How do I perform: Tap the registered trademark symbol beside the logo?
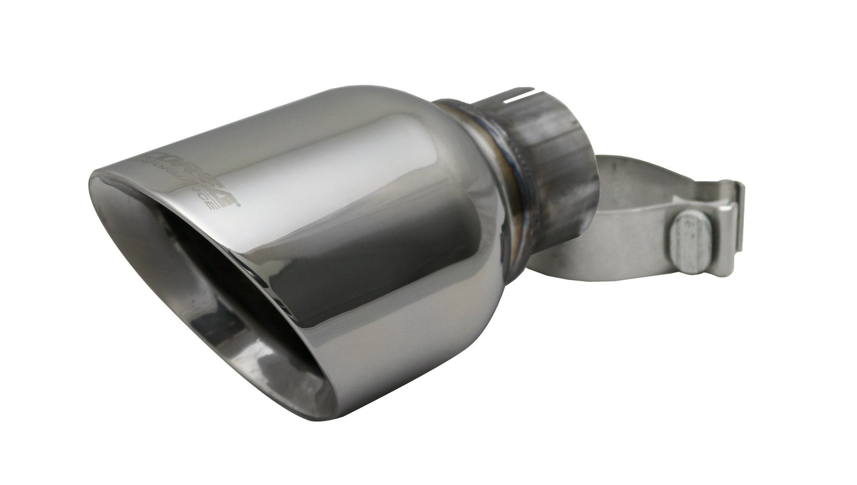pos(239,206)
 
